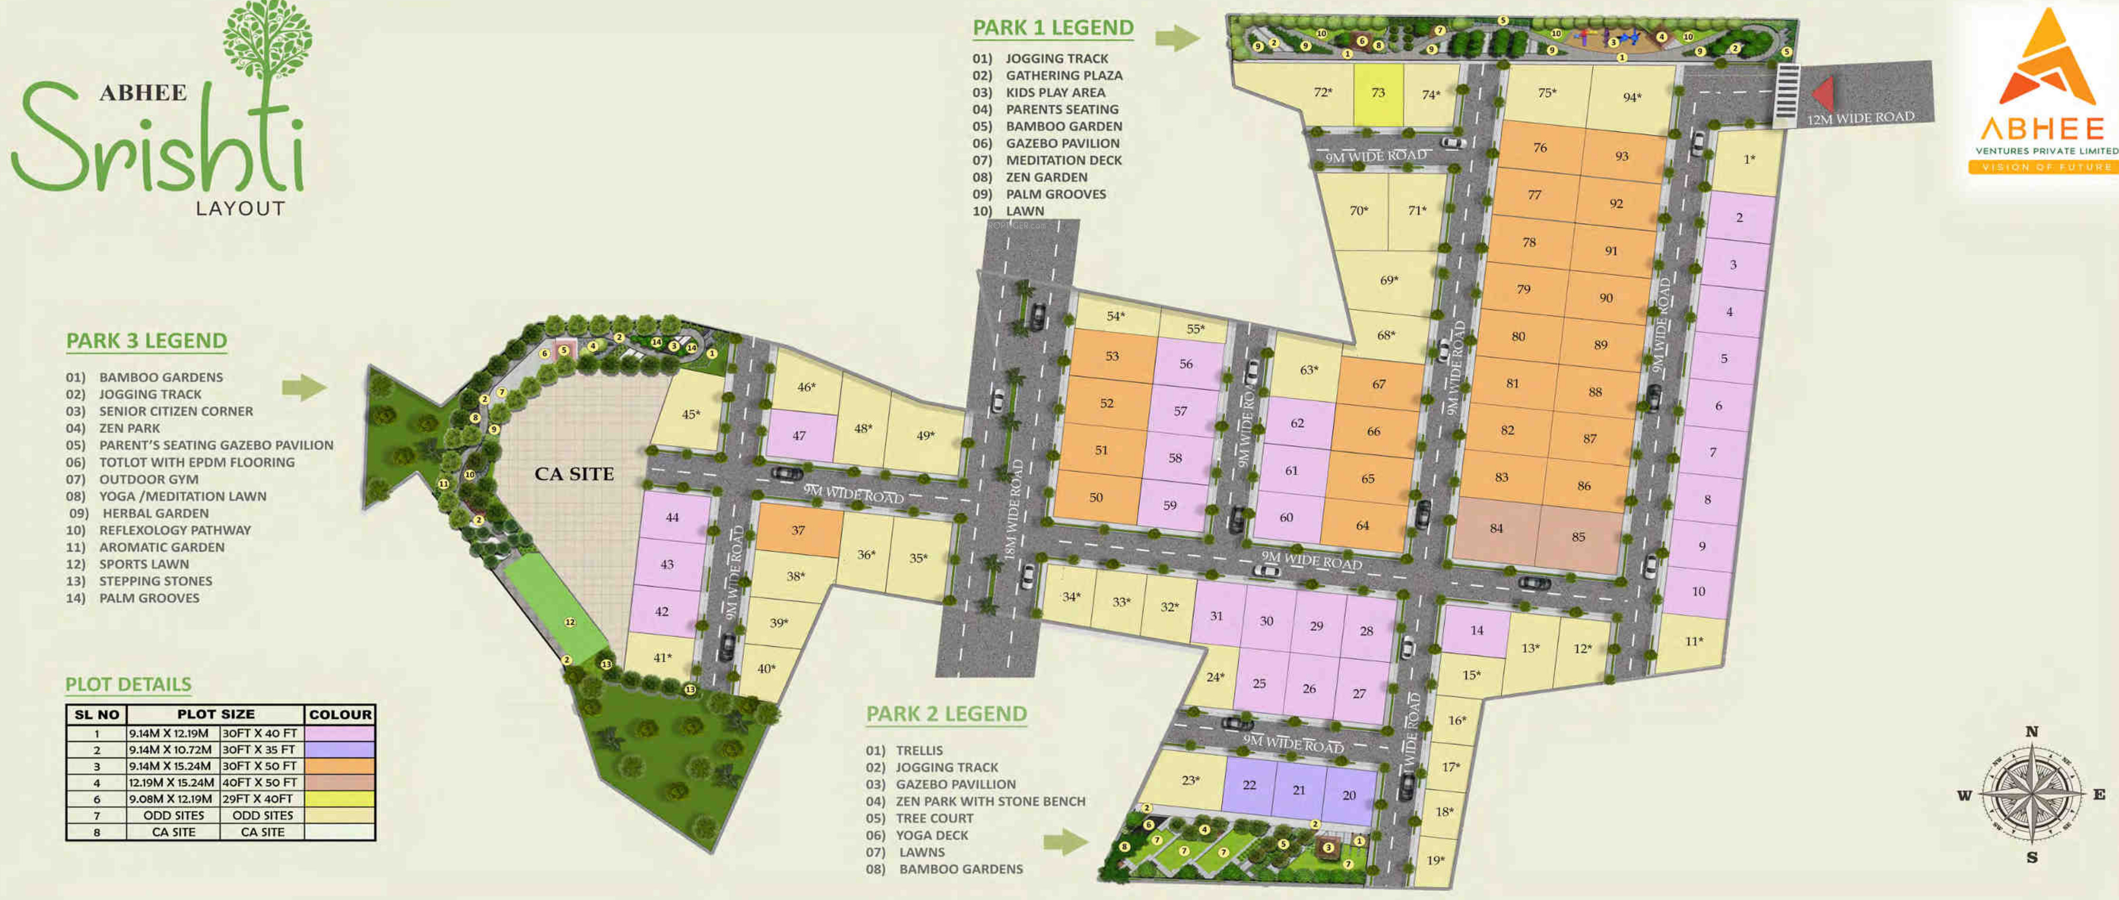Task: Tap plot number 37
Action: [x=798, y=530]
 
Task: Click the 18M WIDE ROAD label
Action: [x=1014, y=510]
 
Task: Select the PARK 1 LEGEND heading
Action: [x=1053, y=28]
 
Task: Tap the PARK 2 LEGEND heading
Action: [x=946, y=714]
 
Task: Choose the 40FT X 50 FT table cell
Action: [x=259, y=783]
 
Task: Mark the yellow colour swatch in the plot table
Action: [x=340, y=799]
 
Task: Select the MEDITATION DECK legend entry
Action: [x=1063, y=160]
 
